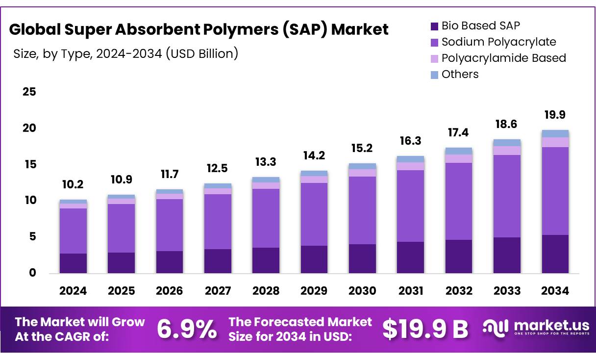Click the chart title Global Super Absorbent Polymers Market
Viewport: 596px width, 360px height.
pos(199,29)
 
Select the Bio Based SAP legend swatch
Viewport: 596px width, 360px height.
pos(433,26)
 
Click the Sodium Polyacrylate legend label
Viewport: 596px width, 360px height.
pos(498,42)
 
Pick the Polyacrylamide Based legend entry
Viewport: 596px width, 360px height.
pos(503,58)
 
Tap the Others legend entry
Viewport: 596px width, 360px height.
pos(460,74)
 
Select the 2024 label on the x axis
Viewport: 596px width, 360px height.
pos(73,291)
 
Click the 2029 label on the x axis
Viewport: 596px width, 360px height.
pos(314,291)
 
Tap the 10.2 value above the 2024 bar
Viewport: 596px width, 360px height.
pos(73,185)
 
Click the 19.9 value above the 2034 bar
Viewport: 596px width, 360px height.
pos(555,115)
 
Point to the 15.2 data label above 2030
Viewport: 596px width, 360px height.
pos(362,148)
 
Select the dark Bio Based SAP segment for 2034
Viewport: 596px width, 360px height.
pos(555,254)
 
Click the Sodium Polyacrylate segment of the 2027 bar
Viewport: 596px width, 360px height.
pos(218,222)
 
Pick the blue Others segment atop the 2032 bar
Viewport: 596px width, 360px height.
pos(459,151)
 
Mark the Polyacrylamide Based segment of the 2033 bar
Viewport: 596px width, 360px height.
pos(507,151)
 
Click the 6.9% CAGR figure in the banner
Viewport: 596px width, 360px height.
pos(186,329)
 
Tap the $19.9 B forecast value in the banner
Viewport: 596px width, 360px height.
pos(425,329)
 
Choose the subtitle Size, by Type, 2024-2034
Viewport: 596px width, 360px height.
pos(126,53)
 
